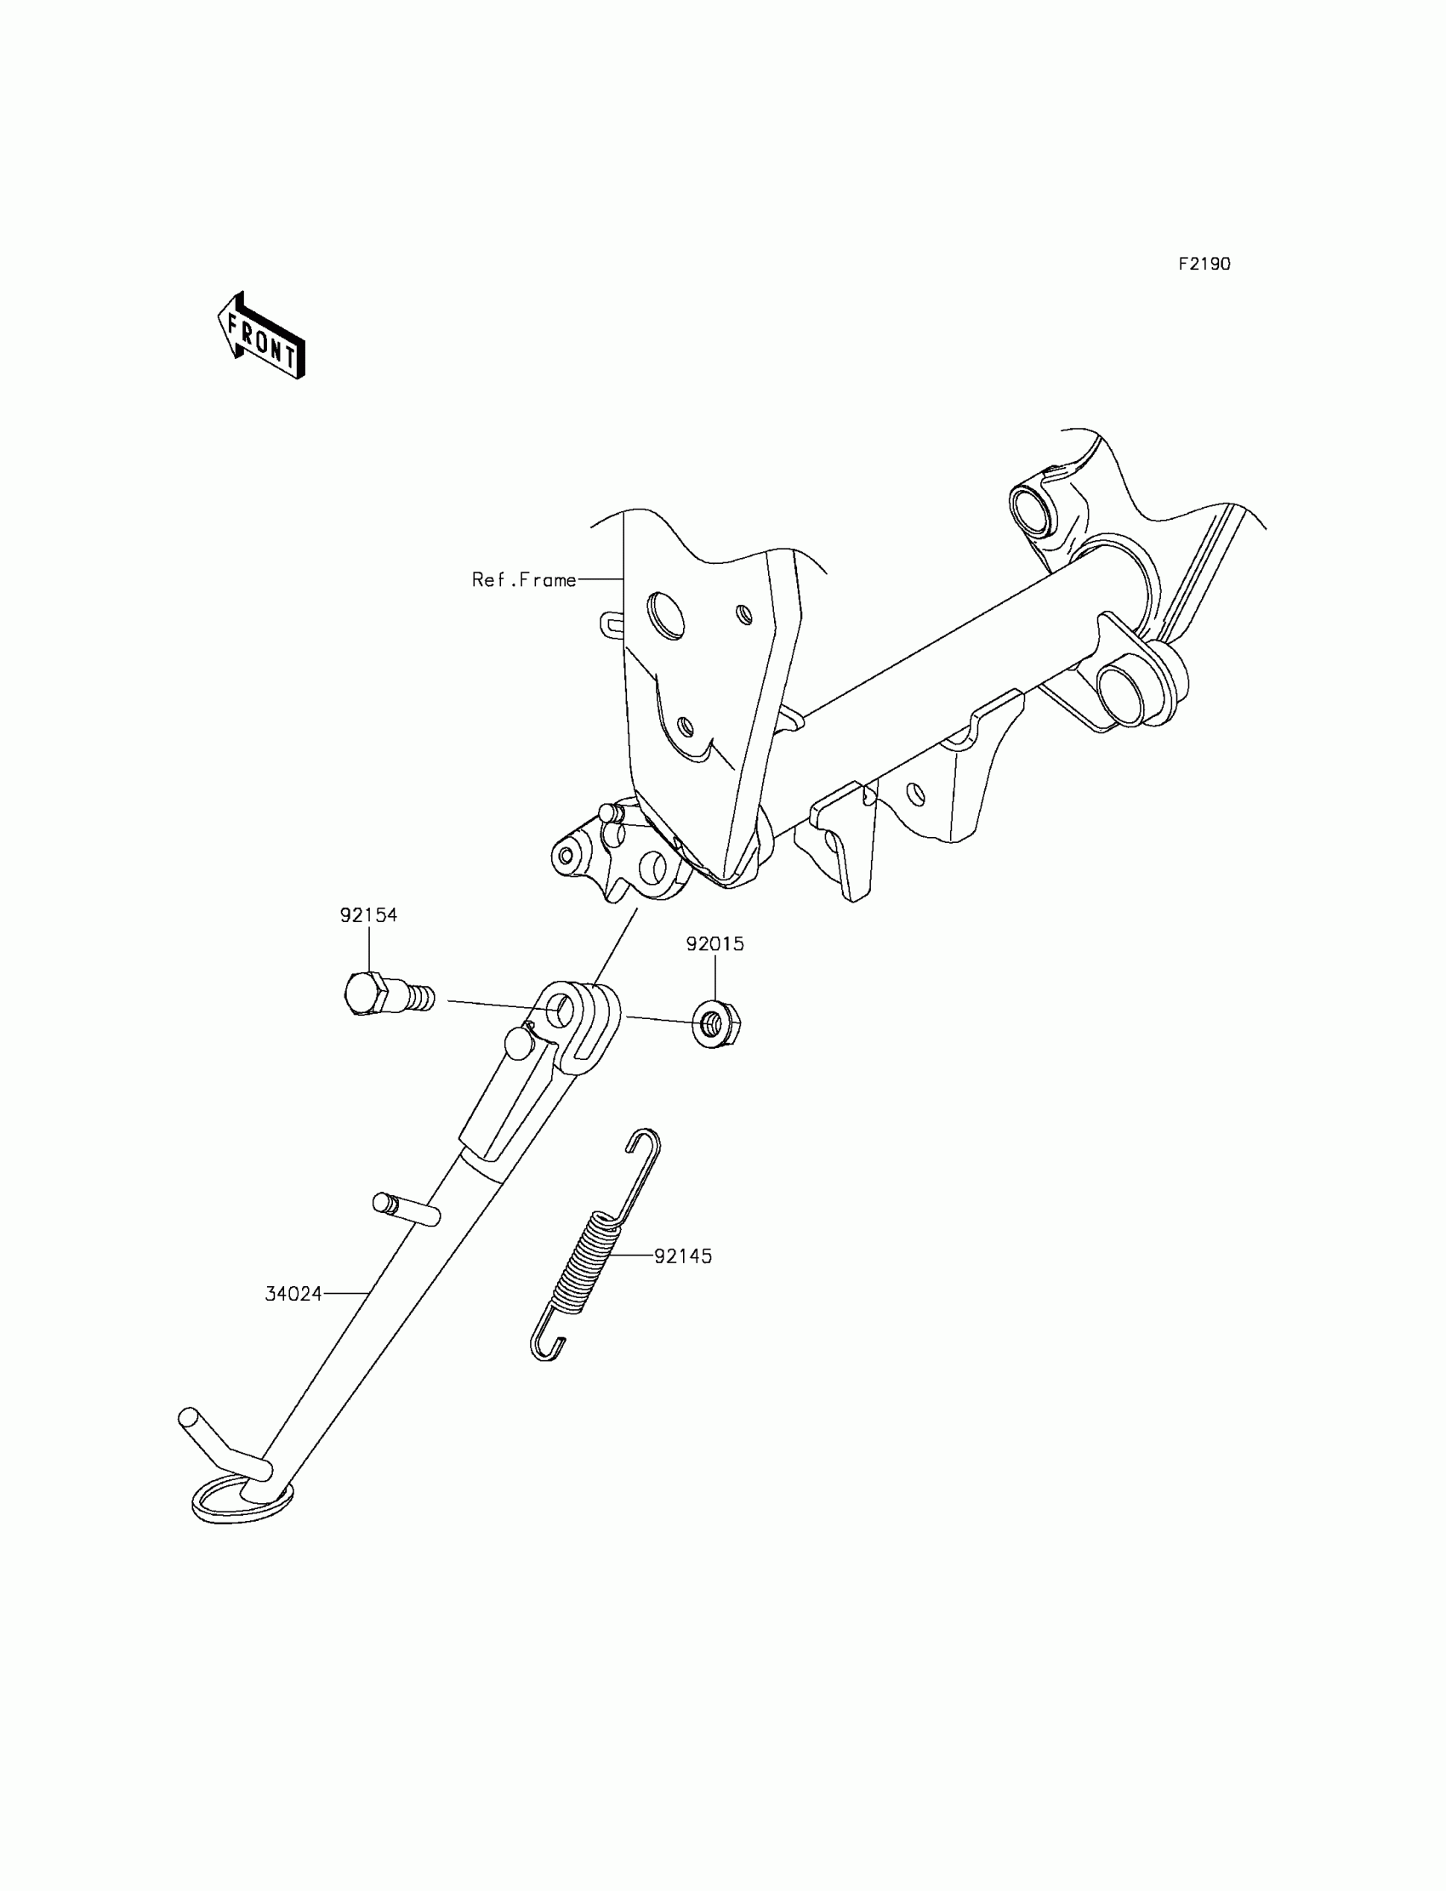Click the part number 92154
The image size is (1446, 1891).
coord(368,915)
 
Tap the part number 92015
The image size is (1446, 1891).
coord(714,944)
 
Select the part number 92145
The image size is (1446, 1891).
coord(683,1256)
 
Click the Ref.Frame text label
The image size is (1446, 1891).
coord(523,580)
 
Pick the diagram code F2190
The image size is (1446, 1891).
coord(1204,265)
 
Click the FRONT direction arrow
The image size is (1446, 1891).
coord(261,337)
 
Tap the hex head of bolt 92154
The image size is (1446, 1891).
coord(361,994)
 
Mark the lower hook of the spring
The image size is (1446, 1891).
coord(546,1349)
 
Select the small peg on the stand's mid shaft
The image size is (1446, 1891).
coord(407,1209)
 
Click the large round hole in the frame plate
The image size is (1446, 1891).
coord(666,615)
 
